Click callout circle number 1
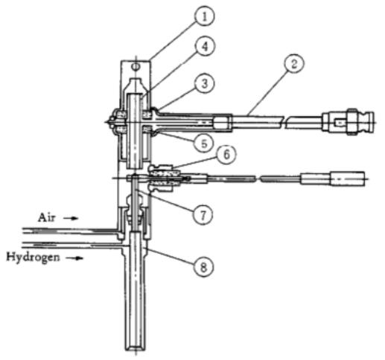click(204, 16)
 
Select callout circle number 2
click(294, 64)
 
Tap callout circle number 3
click(204, 83)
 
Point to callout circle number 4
click(204, 47)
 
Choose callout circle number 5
click(204, 143)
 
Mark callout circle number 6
click(226, 155)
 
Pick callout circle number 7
click(203, 215)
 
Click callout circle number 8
click(203, 267)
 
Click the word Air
click(46, 218)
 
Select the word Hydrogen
click(33, 257)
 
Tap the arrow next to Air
click(71, 218)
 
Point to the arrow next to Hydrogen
click(75, 258)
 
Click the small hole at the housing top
click(136, 66)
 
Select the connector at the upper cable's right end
click(348, 122)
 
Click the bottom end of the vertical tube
click(135, 350)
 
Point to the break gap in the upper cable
click(284, 122)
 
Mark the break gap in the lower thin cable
click(258, 179)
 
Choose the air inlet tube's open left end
click(23, 231)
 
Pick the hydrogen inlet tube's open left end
click(23, 245)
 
